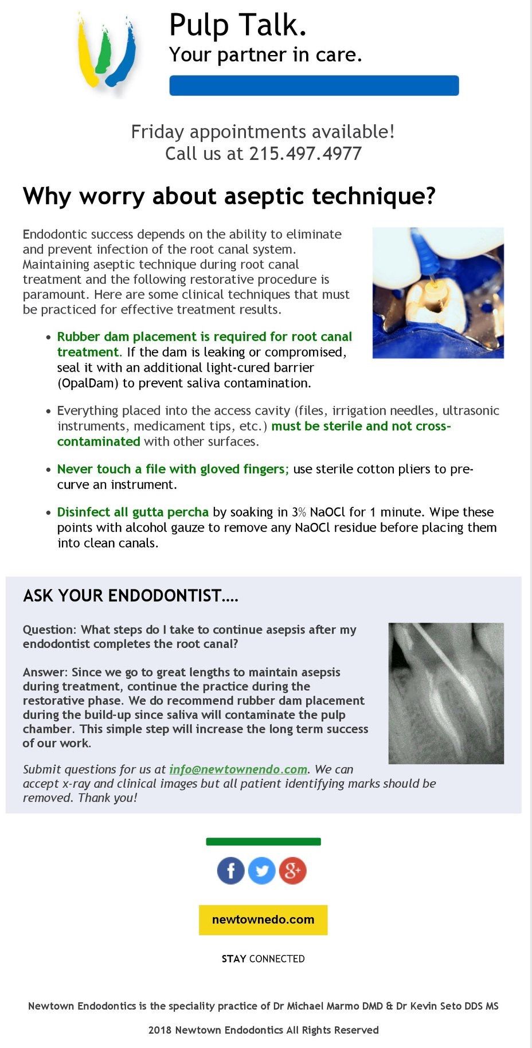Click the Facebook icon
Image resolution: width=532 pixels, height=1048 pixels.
[x=231, y=871]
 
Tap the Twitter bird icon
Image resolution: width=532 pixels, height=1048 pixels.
[x=262, y=871]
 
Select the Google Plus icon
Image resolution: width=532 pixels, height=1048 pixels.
[x=293, y=871]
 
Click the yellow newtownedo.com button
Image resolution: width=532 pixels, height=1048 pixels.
[x=263, y=920]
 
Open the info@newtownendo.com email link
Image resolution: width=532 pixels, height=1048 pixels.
[x=238, y=769]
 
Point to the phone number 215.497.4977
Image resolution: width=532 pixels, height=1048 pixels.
[x=305, y=154]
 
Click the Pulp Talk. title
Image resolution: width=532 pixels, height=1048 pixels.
[x=238, y=25]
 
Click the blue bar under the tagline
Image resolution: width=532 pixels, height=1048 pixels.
[x=314, y=85]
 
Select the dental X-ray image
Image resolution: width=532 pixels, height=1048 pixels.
[x=446, y=693]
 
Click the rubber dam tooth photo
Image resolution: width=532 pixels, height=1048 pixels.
[x=438, y=292]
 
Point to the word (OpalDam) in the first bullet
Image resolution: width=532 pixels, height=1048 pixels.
[x=88, y=383]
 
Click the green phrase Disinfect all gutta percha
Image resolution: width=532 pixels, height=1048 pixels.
[x=133, y=512]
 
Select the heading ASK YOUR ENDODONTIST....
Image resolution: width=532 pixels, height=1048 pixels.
[x=131, y=596]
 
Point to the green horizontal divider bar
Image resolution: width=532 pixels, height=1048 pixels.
[x=263, y=842]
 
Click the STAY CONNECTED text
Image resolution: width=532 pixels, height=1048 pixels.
[x=263, y=959]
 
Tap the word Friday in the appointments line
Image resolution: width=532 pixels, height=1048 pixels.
[x=157, y=132]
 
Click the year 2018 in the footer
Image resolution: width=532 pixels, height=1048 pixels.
[x=160, y=1030]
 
